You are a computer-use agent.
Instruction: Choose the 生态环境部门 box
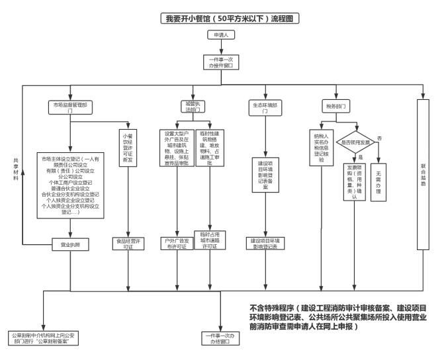click(x=264, y=107)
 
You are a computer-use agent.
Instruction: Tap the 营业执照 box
click(x=69, y=244)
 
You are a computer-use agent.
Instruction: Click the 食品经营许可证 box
click(x=129, y=244)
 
